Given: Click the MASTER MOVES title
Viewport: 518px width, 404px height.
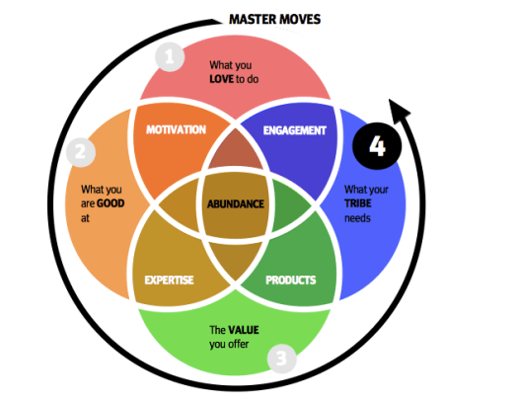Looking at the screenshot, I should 273,18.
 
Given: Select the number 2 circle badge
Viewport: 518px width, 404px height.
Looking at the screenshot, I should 77,153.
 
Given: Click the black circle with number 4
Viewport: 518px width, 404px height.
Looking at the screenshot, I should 377,145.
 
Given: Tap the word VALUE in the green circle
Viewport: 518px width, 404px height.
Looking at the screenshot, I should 244,331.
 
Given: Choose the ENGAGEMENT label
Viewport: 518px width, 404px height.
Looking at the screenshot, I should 296,129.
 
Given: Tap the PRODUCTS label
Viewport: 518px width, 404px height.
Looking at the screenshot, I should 291,280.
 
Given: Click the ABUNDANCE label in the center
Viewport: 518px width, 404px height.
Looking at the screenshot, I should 235,204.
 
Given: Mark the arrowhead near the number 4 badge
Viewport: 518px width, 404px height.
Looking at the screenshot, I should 398,105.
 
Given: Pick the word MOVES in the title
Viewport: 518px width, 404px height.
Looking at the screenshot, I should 300,18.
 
